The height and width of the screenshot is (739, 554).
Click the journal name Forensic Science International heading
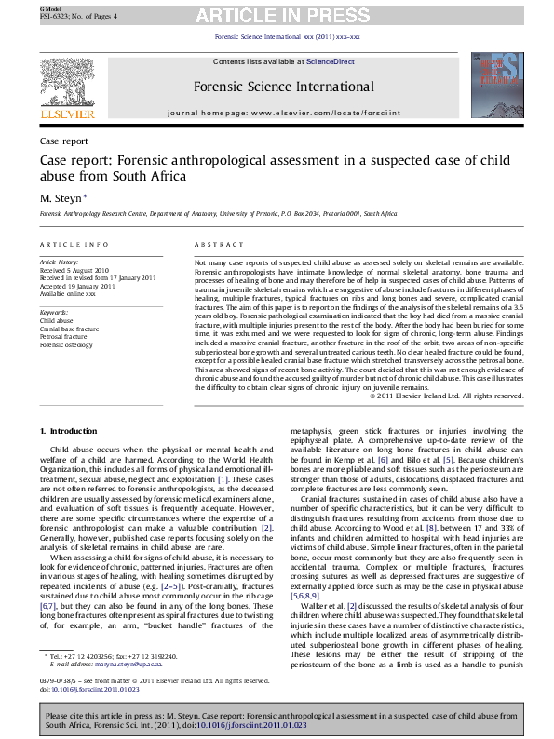[x=284, y=87]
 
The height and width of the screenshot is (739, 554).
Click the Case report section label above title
[x=64, y=141]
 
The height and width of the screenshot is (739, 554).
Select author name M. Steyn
[x=61, y=197]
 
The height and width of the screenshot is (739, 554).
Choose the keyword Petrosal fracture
[x=63, y=336]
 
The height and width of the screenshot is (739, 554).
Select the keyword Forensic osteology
[x=66, y=344]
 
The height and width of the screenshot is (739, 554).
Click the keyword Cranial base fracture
[x=69, y=329]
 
